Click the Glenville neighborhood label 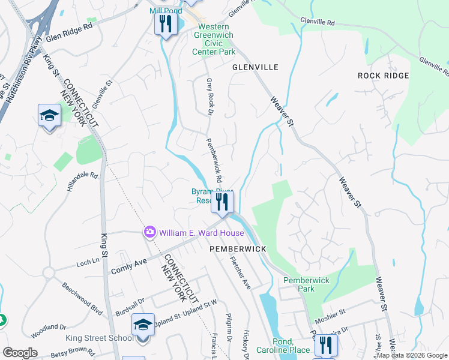pyautogui.click(x=255, y=67)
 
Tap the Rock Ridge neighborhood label pyautogui.click(x=383, y=76)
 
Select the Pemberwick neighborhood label pyautogui.click(x=237, y=248)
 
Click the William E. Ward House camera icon pyautogui.click(x=149, y=232)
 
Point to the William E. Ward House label pyautogui.click(x=201, y=233)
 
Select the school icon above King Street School pyautogui.click(x=143, y=325)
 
